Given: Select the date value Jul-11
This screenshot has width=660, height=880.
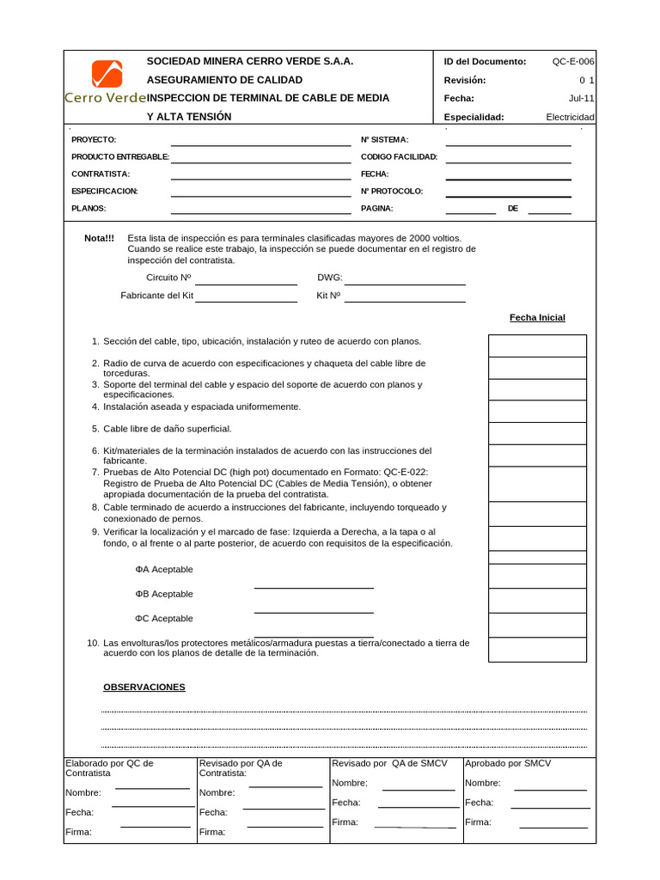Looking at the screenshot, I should [x=581, y=98].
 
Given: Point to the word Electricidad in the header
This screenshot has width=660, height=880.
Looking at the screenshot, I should [x=570, y=117].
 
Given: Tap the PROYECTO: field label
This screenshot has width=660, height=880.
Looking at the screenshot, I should [x=93, y=139].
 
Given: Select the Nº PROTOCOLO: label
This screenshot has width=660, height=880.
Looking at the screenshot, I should [x=391, y=191].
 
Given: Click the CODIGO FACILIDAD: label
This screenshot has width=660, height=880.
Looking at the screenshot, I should [x=399, y=156].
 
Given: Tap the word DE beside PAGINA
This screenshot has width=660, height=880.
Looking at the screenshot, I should [x=513, y=208].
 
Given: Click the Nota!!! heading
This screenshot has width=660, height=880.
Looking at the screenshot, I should [x=99, y=238].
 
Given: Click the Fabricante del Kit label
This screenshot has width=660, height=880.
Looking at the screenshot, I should [x=156, y=296].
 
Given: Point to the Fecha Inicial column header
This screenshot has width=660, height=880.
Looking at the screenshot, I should [x=537, y=318].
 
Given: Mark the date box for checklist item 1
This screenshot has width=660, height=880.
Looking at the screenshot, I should [x=537, y=345].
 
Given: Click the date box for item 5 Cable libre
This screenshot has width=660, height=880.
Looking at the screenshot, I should [x=537, y=433].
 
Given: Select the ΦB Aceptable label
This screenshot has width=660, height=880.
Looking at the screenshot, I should [x=163, y=594].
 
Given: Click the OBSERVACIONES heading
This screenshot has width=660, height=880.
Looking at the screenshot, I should [x=144, y=687].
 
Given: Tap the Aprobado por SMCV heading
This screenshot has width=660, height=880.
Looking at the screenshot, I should [x=507, y=763].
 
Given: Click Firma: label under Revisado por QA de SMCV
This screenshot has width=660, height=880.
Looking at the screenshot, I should [x=345, y=822].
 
